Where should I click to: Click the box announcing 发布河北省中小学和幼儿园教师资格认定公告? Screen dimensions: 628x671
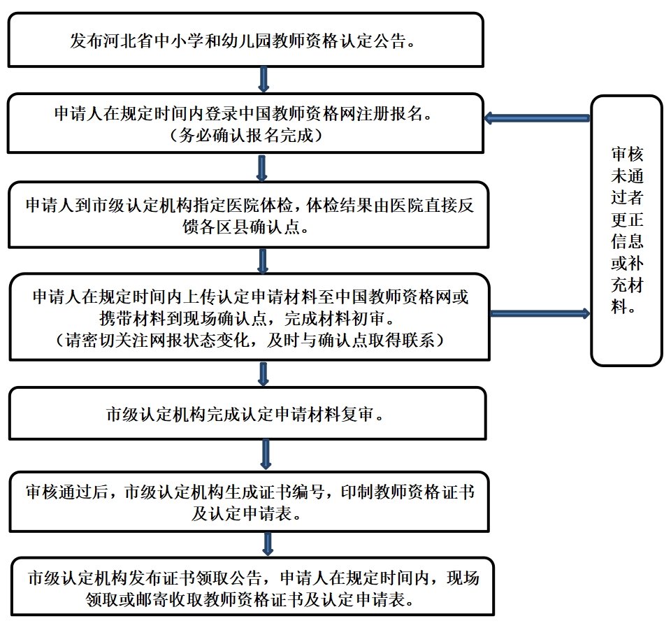pos(246,40)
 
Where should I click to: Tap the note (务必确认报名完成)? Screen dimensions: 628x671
pos(246,136)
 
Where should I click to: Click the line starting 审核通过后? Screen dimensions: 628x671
pos(250,492)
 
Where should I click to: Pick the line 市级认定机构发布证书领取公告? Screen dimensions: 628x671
pos(147,578)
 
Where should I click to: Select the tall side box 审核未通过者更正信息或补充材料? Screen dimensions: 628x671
pos(626,231)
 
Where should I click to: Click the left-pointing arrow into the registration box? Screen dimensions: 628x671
pos(537,118)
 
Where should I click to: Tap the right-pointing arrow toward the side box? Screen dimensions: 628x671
pos(540,313)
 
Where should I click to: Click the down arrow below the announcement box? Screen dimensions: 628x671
pos(264,79)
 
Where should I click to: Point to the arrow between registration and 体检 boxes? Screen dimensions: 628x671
pos(262,169)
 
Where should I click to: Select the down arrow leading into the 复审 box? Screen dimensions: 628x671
pos(263,374)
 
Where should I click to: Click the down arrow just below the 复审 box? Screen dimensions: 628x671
pos(266,454)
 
